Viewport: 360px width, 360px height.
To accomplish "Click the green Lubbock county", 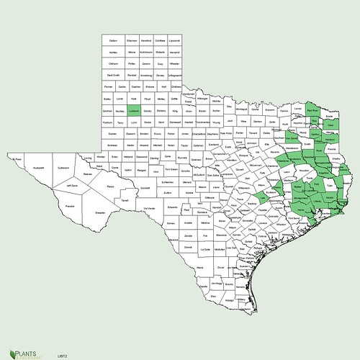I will point(133,112).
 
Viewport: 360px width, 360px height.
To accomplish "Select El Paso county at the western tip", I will point(18,156).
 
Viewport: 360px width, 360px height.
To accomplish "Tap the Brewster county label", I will point(99,212).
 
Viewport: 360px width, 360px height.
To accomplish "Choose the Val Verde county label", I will point(149,208).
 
